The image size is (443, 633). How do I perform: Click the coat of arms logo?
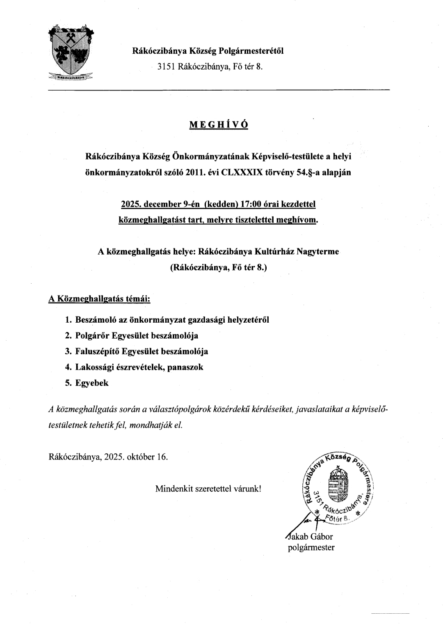pyautogui.click(x=71, y=52)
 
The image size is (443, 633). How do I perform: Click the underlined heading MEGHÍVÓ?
pyautogui.click(x=219, y=125)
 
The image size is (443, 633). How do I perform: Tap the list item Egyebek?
pyautogui.click(x=92, y=383)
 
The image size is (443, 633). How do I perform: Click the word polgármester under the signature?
pyautogui.click(x=311, y=547)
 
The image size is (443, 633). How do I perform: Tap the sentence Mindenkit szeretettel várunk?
pyautogui.click(x=208, y=488)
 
